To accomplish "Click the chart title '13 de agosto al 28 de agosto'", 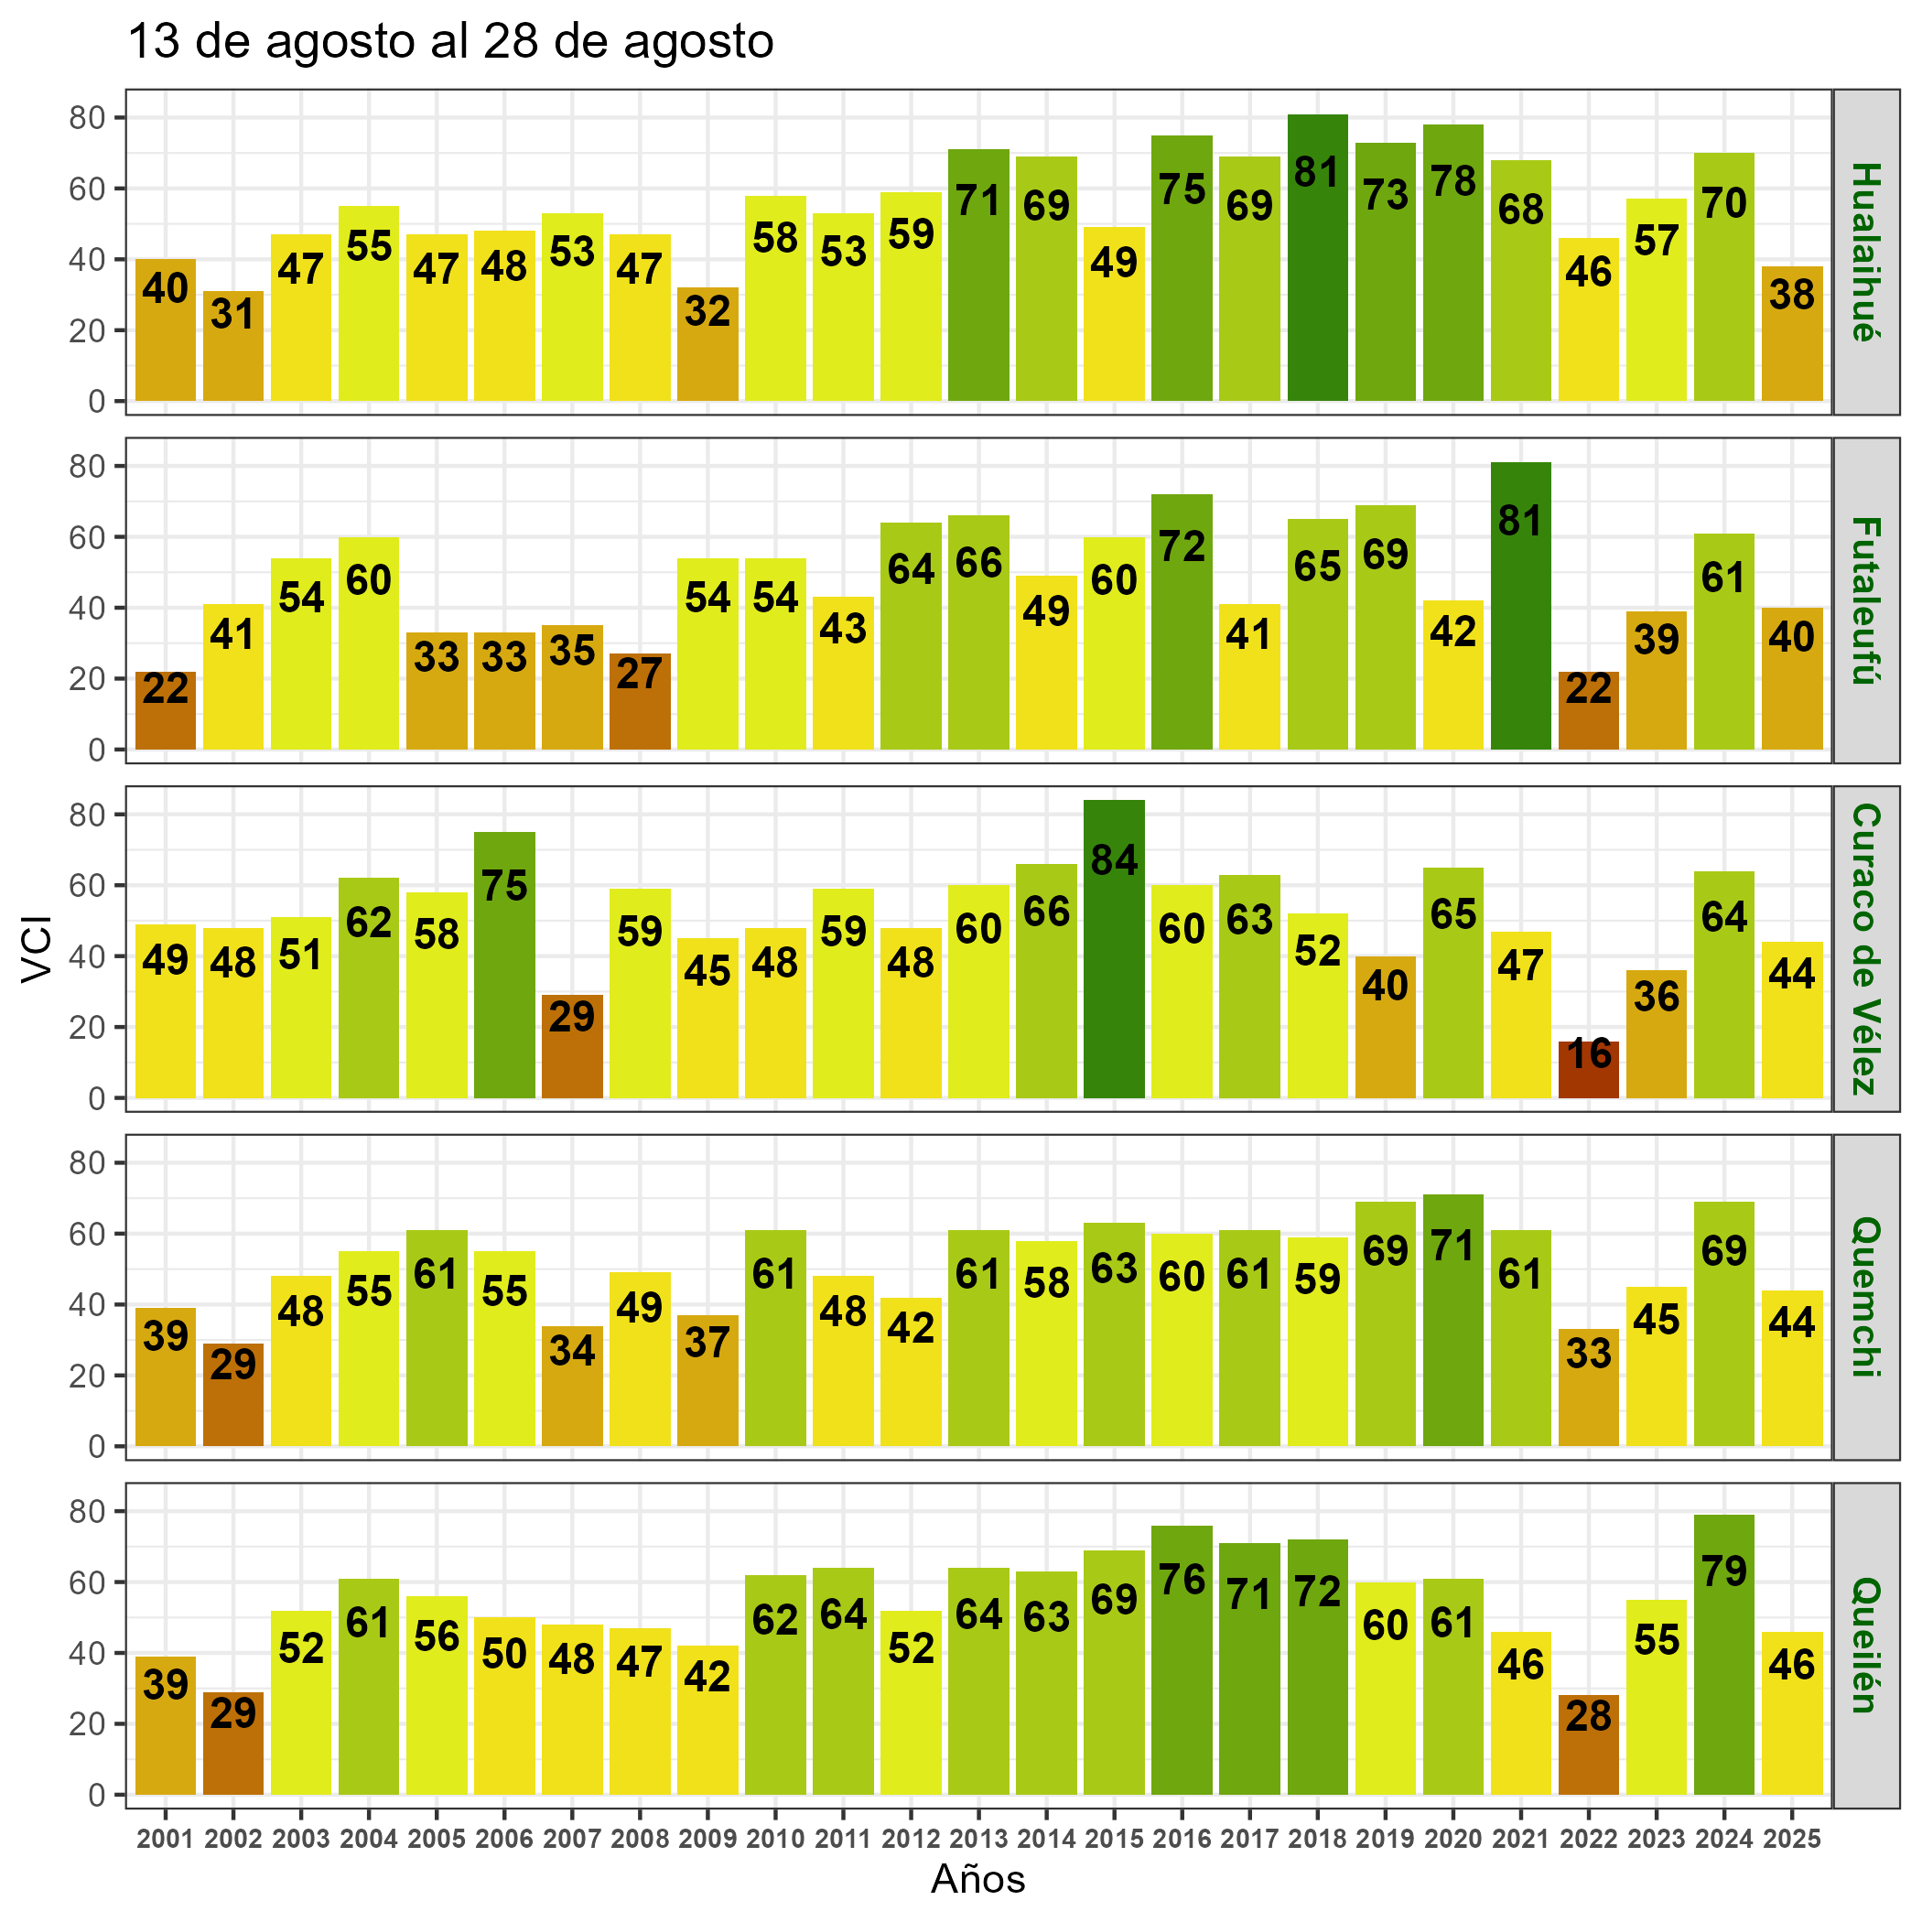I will tap(449, 43).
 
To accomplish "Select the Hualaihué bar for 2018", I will tap(1317, 258).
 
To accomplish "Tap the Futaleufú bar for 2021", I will tap(1520, 606).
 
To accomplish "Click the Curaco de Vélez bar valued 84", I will tap(1113, 949).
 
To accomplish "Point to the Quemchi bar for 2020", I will tap(1452, 1320).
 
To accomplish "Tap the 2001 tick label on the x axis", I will tap(165, 1840).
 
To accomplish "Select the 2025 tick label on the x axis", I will tap(1792, 1840).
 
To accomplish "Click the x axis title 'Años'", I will tap(977, 1879).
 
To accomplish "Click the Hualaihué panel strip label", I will tap(1866, 252).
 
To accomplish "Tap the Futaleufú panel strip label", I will tap(1866, 599).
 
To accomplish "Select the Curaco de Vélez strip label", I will tap(1866, 949).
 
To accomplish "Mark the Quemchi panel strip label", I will tap(1866, 1297).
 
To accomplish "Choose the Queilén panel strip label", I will tap(1866, 1646).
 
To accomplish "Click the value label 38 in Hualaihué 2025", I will tap(1792, 295).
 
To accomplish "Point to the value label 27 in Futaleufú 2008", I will tap(640, 674).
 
